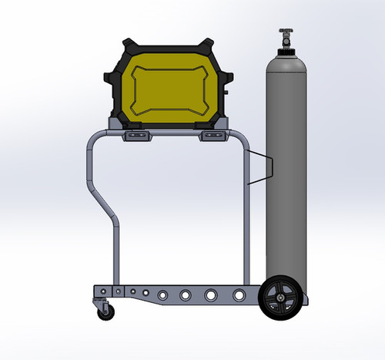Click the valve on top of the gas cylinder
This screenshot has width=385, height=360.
[x=286, y=36]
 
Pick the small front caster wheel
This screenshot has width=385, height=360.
[x=103, y=311]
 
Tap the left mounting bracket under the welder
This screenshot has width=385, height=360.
[x=139, y=136]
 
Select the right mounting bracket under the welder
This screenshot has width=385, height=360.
[x=213, y=136]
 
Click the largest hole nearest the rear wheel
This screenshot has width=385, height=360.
[x=239, y=294]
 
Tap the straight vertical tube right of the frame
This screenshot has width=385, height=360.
[x=246, y=224]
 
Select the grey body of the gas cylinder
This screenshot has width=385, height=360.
[x=286, y=170]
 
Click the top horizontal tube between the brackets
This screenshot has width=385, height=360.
[x=176, y=133]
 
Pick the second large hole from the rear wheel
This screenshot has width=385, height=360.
[x=211, y=294]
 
